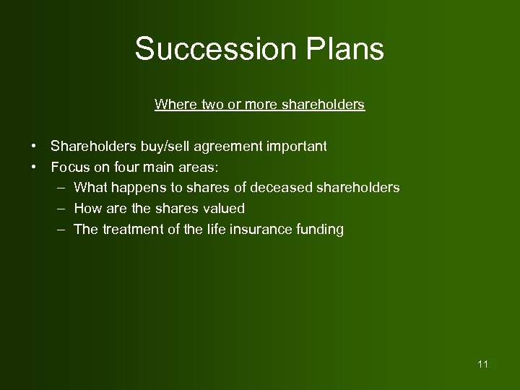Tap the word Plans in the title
tap(345, 49)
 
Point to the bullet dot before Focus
tap(34, 168)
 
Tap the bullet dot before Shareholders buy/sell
tap(34, 147)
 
